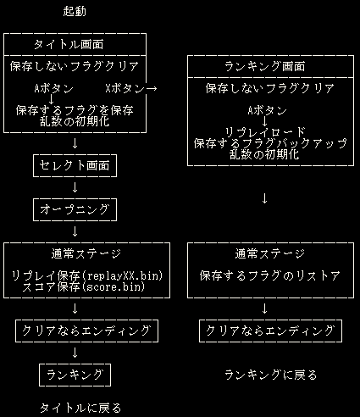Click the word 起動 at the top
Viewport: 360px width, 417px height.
click(x=75, y=12)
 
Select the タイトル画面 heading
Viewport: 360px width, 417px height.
click(x=69, y=45)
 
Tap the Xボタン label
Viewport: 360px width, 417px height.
click(x=125, y=89)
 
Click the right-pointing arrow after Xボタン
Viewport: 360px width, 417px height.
click(x=151, y=89)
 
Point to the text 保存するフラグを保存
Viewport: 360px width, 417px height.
click(x=75, y=110)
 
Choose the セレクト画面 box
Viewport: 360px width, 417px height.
click(x=75, y=165)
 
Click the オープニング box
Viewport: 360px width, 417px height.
click(x=75, y=210)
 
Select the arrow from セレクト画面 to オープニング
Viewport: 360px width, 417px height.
click(x=75, y=187)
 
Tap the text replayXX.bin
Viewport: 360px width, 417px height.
click(x=124, y=275)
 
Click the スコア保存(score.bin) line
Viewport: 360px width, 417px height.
click(x=84, y=287)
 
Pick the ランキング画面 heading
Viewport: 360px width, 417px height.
click(x=264, y=67)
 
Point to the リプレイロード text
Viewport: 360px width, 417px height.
click(x=265, y=132)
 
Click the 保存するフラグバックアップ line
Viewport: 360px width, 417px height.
click(x=270, y=143)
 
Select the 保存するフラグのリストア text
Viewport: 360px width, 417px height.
click(x=270, y=275)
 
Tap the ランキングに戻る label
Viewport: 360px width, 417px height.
click(x=270, y=375)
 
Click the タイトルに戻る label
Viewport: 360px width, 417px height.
click(x=80, y=408)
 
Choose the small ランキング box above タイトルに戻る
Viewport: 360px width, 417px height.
click(x=75, y=375)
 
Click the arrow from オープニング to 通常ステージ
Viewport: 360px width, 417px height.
click(x=75, y=231)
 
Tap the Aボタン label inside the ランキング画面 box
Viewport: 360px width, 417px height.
click(x=267, y=111)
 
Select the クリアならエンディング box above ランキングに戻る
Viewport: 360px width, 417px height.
click(x=270, y=331)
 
